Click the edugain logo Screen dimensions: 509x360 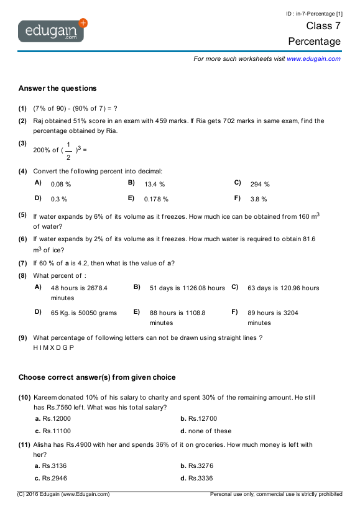click(52, 30)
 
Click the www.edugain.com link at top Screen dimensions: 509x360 click(313, 58)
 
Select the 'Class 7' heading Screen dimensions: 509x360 click(323, 26)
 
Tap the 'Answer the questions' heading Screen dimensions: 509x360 click(57, 88)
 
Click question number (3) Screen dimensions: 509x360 click(22, 144)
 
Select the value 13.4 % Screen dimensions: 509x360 click(154, 185)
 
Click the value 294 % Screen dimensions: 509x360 click(260, 185)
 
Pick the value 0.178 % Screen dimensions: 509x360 click(156, 199)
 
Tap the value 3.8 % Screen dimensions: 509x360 click(259, 199)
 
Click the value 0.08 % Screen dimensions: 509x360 click(61, 185)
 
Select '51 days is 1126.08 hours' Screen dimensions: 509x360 click(187, 288)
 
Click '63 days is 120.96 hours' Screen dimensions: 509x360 click(283, 288)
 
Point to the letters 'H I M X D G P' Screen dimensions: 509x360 click(53, 347)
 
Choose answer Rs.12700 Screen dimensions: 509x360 click(203, 419)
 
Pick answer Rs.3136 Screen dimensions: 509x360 click(57, 465)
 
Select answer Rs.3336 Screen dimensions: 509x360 click(203, 478)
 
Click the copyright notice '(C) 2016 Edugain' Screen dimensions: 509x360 click(64, 494)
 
